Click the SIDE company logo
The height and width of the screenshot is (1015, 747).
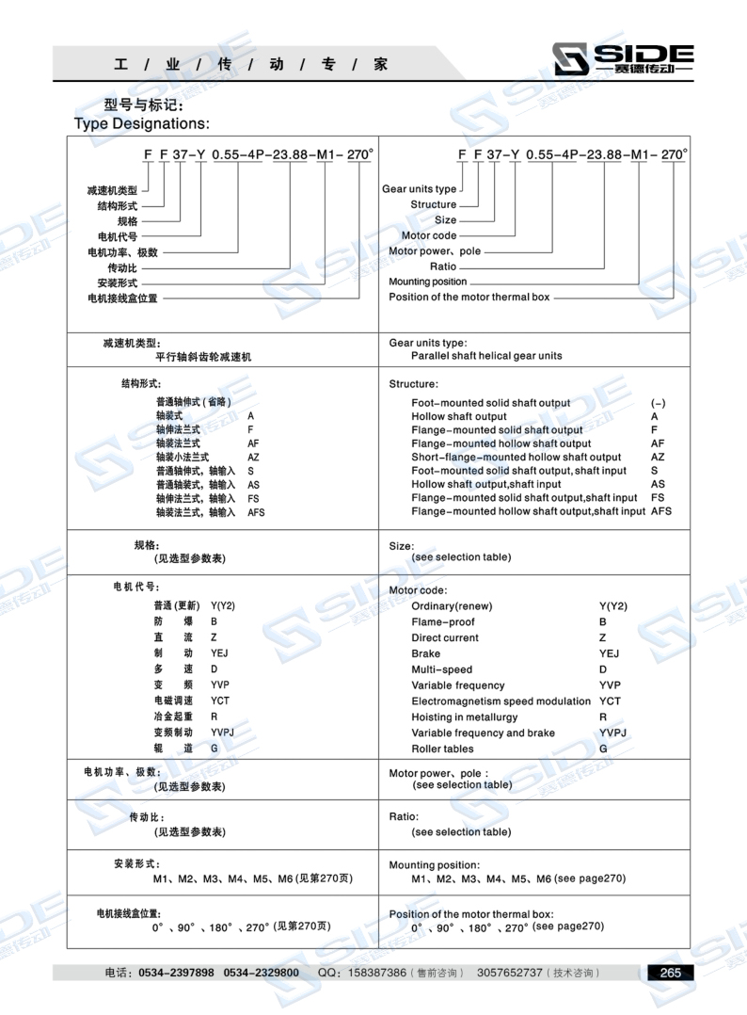click(623, 59)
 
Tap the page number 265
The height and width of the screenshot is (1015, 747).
click(671, 973)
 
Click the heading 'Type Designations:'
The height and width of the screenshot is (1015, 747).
click(141, 122)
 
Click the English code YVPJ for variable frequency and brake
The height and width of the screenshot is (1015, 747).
click(613, 733)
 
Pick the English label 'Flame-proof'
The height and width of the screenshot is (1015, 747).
click(443, 621)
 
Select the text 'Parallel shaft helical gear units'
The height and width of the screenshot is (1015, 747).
click(486, 357)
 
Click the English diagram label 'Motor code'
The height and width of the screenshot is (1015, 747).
click(429, 235)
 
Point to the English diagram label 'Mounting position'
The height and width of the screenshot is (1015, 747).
click(428, 282)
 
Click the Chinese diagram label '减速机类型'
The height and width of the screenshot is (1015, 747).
click(112, 190)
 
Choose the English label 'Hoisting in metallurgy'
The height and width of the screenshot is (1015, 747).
click(469, 717)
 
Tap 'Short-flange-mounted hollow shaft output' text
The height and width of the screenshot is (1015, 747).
click(516, 458)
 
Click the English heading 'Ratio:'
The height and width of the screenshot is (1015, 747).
click(404, 816)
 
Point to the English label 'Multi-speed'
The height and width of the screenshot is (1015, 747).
click(442, 669)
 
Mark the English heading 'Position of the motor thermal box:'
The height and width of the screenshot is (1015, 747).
click(471, 914)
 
